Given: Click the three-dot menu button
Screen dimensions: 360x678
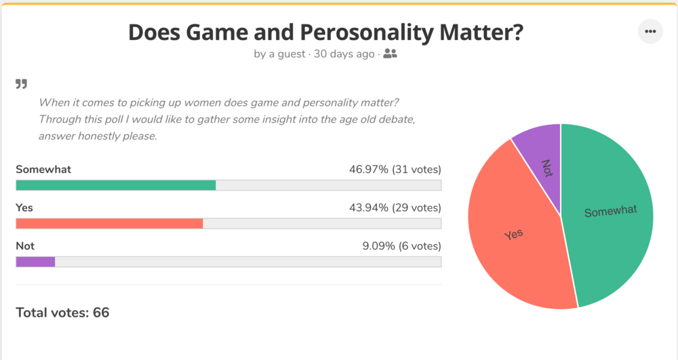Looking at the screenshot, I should pos(650,32).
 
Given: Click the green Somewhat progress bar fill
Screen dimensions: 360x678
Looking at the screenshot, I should pos(115,185).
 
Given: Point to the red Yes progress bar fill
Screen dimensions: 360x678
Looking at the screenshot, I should pos(108,223).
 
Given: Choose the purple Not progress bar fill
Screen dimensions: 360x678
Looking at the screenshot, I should pos(35,262).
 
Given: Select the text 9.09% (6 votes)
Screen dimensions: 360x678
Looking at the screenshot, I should pos(401,246).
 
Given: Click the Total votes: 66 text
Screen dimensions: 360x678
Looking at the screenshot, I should pos(62,313).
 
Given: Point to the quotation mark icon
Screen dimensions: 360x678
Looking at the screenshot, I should pos(22,84).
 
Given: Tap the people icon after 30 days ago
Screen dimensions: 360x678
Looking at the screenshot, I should pos(390,54).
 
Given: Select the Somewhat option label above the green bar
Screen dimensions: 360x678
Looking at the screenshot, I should pos(43,169).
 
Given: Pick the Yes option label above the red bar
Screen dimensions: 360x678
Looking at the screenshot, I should pos(24,207).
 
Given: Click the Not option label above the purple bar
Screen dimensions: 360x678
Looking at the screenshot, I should pos(25,246).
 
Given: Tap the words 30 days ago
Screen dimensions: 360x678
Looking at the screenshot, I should pos(344,54).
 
